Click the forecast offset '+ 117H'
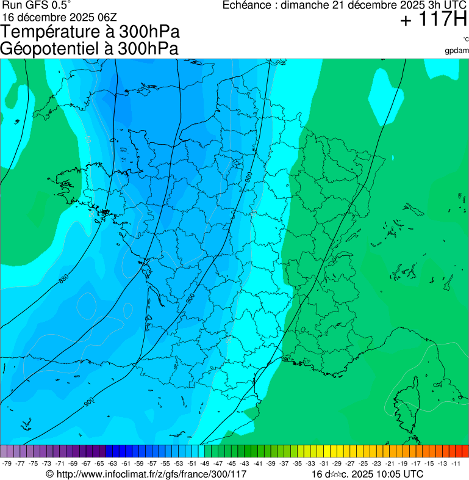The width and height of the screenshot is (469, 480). (x=433, y=20)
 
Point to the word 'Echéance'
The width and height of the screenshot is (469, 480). (x=246, y=5)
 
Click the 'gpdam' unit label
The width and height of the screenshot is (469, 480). (x=457, y=50)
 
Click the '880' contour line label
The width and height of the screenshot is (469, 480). (x=63, y=280)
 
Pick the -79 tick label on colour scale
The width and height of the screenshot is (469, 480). (x=7, y=464)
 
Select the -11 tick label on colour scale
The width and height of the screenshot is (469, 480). (x=456, y=464)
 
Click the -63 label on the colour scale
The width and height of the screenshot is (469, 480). (x=112, y=464)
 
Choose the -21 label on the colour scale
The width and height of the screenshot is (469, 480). (x=390, y=464)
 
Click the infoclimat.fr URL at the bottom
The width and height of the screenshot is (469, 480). (x=146, y=474)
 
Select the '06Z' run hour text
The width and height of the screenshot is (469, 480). (x=111, y=17)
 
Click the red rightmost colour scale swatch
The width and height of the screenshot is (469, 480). (x=465, y=451)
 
